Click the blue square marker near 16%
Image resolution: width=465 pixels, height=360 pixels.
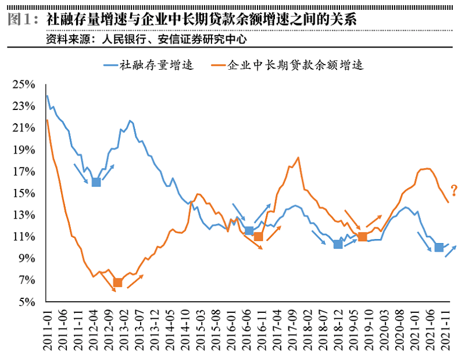(96, 182)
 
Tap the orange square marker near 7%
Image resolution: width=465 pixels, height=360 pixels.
(118, 282)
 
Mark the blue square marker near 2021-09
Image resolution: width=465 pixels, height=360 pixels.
(439, 247)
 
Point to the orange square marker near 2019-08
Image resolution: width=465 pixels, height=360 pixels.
(362, 237)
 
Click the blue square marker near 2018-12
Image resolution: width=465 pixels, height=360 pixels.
(338, 244)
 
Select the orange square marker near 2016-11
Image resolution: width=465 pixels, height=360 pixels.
(259, 237)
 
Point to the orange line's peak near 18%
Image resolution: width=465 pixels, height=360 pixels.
(298, 157)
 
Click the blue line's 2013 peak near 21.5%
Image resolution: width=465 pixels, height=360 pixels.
(130, 120)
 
